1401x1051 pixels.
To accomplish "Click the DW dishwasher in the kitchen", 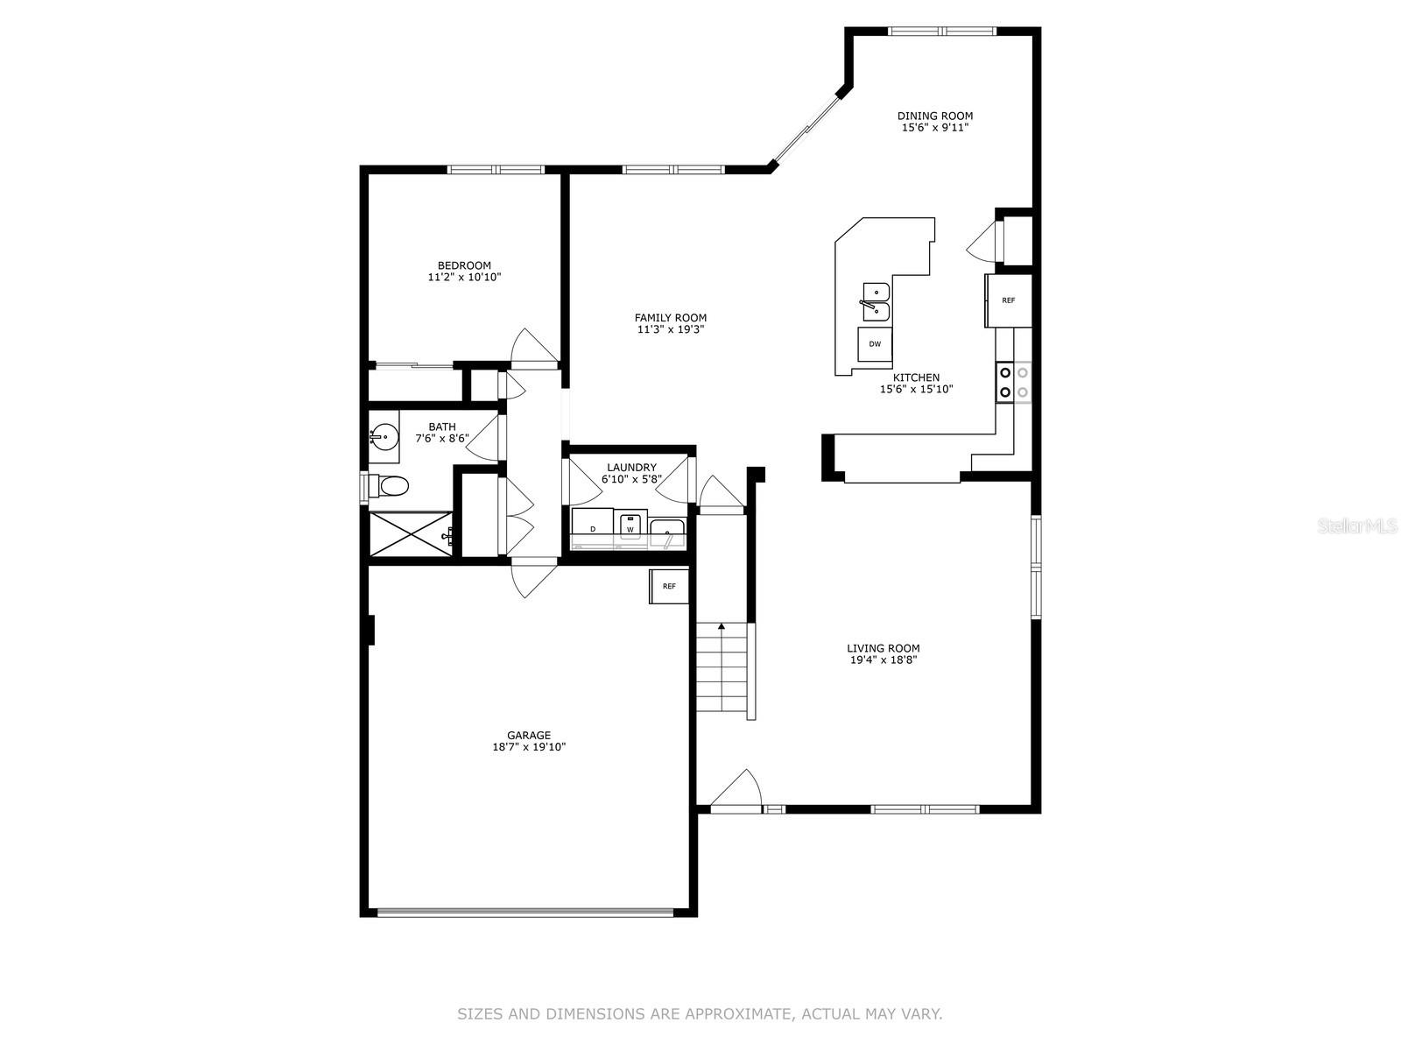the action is [875, 344].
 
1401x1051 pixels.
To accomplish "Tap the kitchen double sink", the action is [876, 302].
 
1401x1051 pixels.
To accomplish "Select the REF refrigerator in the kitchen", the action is [1009, 300].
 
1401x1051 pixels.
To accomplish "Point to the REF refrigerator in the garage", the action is [669, 586].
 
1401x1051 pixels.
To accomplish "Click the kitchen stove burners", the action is [1014, 382].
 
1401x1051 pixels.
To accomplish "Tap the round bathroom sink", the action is [384, 437].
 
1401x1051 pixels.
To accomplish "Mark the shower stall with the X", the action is [411, 534].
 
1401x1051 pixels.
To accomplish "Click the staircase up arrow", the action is [722, 667].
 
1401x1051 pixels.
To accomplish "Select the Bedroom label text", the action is [464, 265].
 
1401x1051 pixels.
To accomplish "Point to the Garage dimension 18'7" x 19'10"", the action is [529, 746].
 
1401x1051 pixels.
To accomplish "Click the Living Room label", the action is [884, 648].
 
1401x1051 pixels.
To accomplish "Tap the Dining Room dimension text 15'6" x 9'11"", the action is [935, 128].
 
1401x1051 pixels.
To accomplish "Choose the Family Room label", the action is [670, 318].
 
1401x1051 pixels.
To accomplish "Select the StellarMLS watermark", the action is [1357, 525].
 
